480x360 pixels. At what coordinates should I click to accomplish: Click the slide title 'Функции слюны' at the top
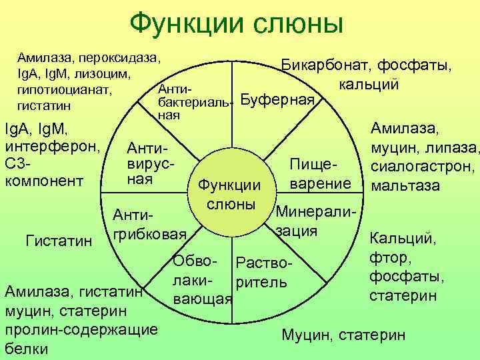(x=237, y=24)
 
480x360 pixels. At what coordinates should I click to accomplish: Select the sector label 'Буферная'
(x=277, y=101)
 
